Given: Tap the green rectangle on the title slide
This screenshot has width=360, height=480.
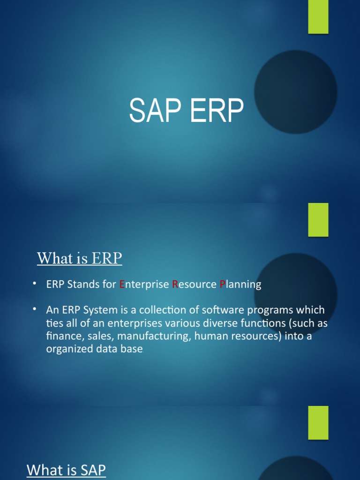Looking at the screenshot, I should (x=318, y=17).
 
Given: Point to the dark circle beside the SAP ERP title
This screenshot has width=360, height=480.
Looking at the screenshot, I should (x=295, y=92).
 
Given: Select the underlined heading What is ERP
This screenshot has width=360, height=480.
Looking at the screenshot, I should (x=79, y=258).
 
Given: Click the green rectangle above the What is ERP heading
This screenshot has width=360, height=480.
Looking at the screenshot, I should (x=318, y=219).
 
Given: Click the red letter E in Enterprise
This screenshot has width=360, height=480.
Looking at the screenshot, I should (x=122, y=285).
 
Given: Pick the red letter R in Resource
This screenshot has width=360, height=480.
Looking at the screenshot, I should (x=175, y=285).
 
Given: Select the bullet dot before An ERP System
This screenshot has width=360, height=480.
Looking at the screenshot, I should (x=34, y=310).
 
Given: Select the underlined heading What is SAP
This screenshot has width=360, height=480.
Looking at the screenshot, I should (x=66, y=470).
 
